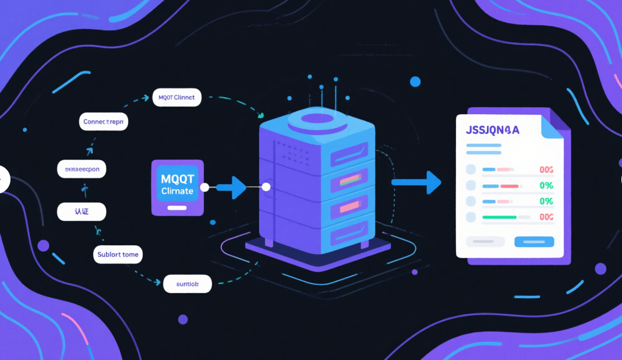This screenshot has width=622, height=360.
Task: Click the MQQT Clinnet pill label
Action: coord(176,98)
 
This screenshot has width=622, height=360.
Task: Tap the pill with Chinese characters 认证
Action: coord(82,211)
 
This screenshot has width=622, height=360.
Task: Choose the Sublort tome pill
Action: coord(118,255)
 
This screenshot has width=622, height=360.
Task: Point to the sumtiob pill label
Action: coord(187,284)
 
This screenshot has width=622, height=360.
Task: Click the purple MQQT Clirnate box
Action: coord(178,188)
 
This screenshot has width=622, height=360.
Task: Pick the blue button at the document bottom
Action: coord(534,241)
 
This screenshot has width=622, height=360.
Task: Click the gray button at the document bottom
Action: coord(486,241)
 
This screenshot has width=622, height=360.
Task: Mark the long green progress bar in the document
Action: coord(500,217)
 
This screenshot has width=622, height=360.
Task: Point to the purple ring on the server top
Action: coord(317,119)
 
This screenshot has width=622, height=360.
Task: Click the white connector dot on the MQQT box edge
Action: coord(204,188)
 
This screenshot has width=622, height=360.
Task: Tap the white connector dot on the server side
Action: coord(266,187)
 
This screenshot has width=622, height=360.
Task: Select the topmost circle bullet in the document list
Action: coord(471,170)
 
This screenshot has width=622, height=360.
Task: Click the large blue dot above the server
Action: coord(415,82)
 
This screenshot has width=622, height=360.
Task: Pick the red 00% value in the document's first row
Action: coord(546,170)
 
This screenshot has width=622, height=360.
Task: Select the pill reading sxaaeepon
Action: coord(82,169)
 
